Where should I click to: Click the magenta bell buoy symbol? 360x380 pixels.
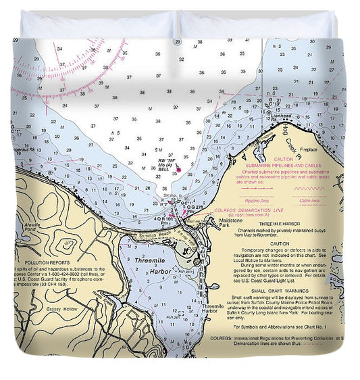click(x=178, y=169)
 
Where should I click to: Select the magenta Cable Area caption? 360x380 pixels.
click(x=309, y=201)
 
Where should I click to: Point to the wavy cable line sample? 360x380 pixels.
click(x=309, y=189)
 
